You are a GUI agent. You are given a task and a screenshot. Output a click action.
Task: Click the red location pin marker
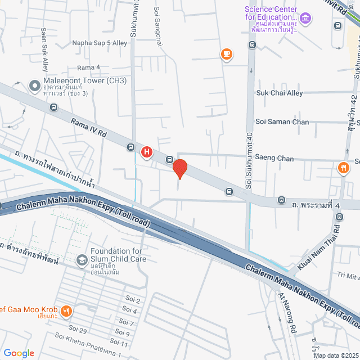(x=179, y=169)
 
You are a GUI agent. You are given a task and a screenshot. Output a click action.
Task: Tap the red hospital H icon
(x=147, y=152)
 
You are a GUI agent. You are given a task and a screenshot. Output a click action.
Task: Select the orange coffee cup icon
(x=226, y=54)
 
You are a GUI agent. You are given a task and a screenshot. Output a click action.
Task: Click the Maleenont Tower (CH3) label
(x=85, y=81)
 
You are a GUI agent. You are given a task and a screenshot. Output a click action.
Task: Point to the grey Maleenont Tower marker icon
(x=34, y=86)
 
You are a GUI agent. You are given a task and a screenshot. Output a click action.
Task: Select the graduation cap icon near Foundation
(x=82, y=259)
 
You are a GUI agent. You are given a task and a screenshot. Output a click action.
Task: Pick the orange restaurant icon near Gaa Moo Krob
(x=66, y=310)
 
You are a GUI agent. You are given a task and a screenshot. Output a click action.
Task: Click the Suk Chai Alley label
(x=280, y=93)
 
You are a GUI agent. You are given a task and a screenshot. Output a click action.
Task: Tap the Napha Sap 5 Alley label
(x=100, y=43)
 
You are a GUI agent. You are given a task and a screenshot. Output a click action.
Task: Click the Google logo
(x=19, y=353)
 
